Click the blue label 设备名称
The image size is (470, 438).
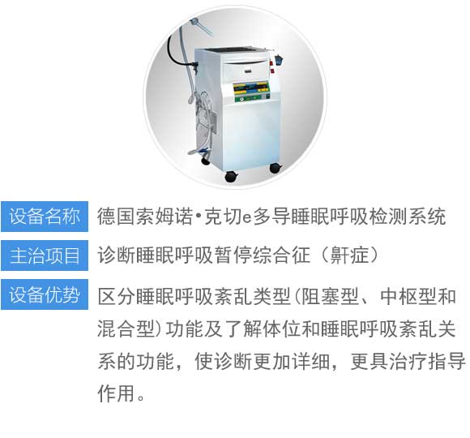(45, 217)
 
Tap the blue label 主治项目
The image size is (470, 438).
(45, 255)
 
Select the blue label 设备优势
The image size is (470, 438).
(45, 294)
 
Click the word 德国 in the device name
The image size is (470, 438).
(116, 217)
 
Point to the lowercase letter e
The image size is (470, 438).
(246, 218)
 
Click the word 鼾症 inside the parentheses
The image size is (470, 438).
(349, 255)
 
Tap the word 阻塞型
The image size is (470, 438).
(330, 296)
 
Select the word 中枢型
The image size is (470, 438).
(408, 296)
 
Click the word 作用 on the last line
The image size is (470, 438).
(116, 393)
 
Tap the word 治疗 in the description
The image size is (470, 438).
(408, 361)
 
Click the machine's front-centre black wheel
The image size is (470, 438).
(230, 176)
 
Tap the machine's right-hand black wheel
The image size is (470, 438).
(276, 168)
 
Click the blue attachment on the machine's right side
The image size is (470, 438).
(280, 59)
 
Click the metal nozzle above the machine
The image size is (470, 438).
(202, 26)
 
